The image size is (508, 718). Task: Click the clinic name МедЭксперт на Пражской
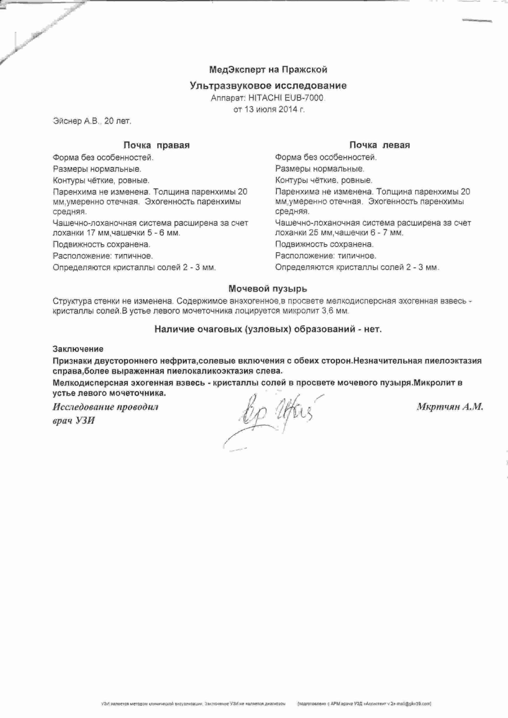click(x=268, y=69)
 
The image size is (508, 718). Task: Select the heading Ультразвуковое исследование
click(x=268, y=86)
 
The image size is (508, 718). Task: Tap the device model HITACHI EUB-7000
click(x=285, y=98)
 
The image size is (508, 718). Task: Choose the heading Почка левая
click(x=379, y=145)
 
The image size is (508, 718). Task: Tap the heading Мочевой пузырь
click(x=268, y=289)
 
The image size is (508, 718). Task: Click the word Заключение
click(x=78, y=349)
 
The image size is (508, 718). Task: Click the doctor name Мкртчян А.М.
click(x=450, y=407)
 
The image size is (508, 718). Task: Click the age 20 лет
click(x=118, y=121)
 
